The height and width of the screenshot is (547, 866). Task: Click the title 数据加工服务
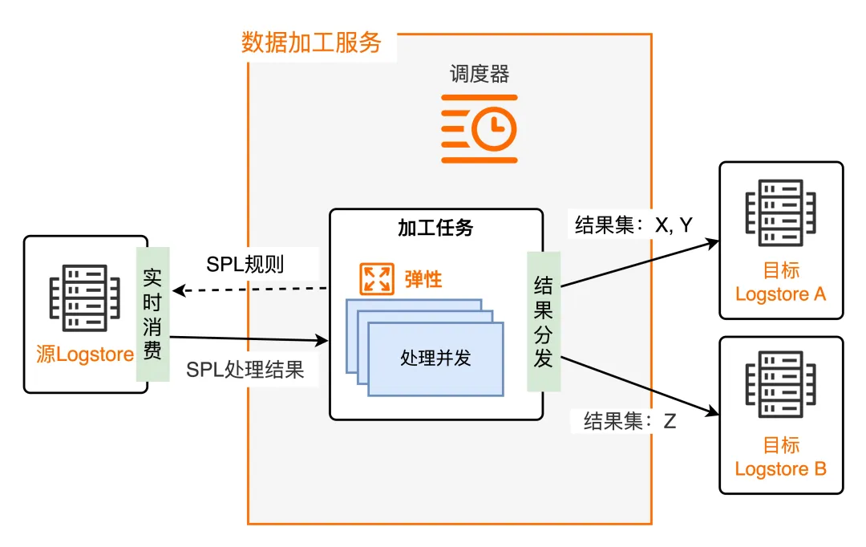(311, 43)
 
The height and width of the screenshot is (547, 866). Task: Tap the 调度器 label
(480, 75)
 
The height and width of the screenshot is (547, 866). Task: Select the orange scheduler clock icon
(480, 128)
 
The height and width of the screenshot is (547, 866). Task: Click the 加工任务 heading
(435, 228)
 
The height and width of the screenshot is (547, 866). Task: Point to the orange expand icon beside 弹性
(375, 279)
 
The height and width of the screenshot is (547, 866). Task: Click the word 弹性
(423, 280)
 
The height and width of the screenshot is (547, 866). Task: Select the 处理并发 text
(435, 359)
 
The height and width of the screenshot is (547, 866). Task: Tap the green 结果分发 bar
(543, 321)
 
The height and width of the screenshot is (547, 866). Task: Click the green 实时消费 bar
(152, 314)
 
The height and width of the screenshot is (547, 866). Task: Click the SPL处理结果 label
(245, 370)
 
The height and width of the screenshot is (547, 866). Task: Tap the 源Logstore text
(85, 354)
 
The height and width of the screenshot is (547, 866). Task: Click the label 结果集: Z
(629, 421)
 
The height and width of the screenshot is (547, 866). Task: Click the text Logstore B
(780, 468)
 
